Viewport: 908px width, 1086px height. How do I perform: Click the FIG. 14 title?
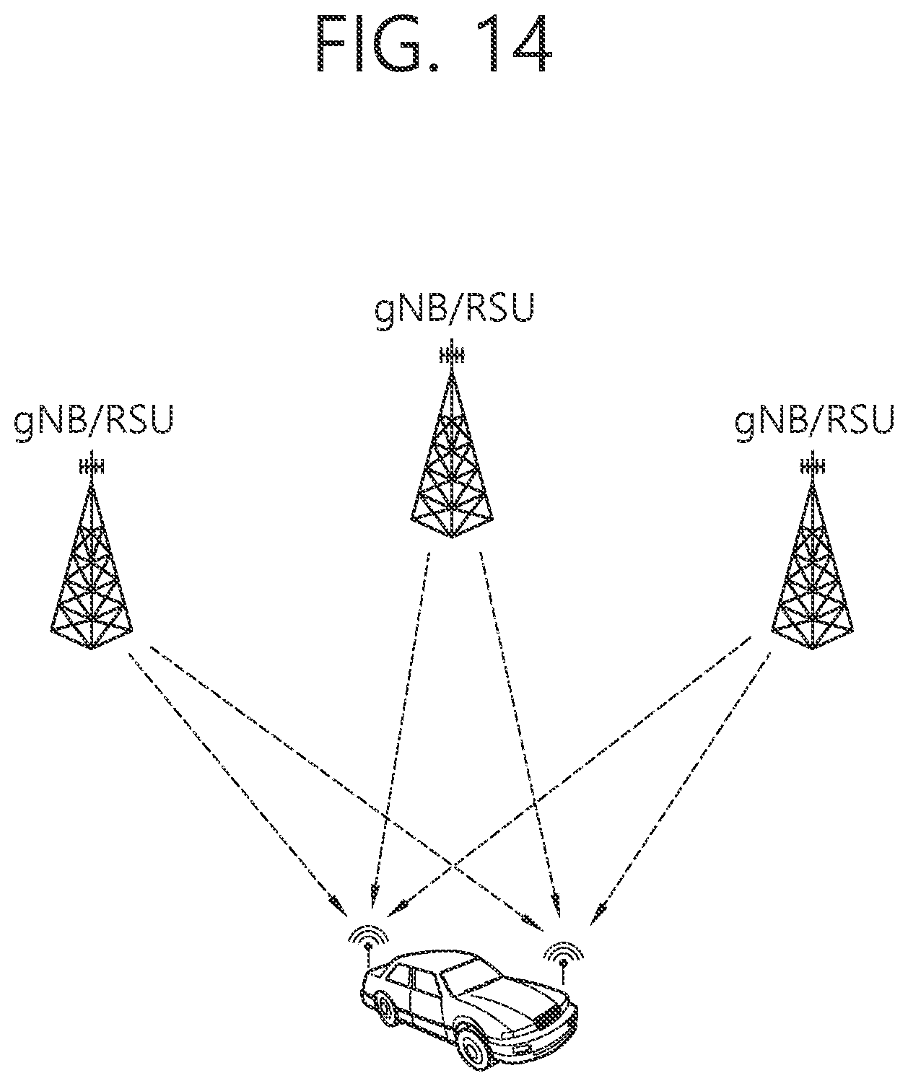click(434, 43)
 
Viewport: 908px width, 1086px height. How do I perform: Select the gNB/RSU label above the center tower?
click(454, 310)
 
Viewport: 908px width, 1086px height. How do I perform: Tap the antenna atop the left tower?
click(92, 466)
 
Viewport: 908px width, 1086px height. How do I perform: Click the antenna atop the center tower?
click(452, 355)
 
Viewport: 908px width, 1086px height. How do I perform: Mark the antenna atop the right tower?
click(812, 466)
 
